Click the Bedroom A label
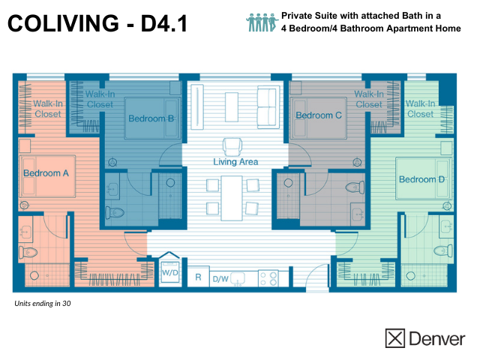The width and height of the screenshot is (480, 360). pos(46,173)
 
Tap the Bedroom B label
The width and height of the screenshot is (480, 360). pos(151,118)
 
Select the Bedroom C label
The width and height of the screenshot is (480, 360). pos(318,115)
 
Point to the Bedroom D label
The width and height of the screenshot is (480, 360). pos(421,179)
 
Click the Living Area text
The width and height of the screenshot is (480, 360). pos(235,162)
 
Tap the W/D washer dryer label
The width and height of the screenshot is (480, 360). pos(169,272)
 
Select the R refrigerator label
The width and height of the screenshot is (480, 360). pos(198,277)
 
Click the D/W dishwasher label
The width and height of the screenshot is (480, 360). pos(220,278)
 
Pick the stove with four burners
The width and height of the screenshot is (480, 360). pos(268,278)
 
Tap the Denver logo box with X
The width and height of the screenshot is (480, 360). pos(395,338)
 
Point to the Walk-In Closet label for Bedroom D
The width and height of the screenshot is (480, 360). pos(419,109)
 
